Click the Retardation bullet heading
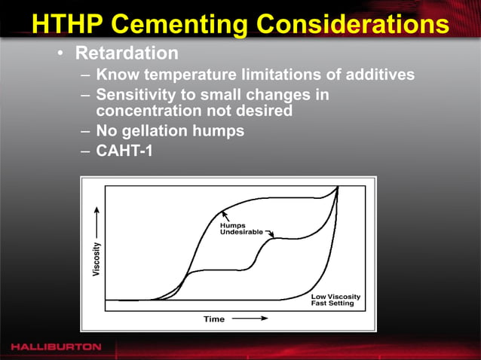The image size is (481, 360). (x=127, y=54)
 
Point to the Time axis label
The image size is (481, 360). (x=214, y=319)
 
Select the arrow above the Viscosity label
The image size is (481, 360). (x=96, y=226)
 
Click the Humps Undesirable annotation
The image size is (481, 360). (x=240, y=228)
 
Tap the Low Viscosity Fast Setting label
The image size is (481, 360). (x=336, y=300)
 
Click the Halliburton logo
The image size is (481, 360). (x=56, y=346)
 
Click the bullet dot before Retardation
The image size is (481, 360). (x=59, y=55)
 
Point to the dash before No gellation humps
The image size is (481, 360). (x=85, y=130)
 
